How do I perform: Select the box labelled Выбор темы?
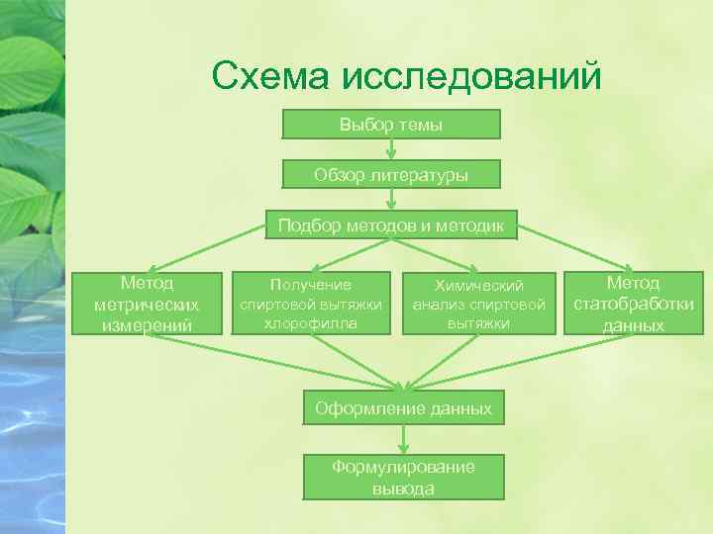click(391, 125)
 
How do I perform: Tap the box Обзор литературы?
click(391, 175)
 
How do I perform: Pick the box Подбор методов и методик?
click(391, 226)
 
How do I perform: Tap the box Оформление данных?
click(402, 407)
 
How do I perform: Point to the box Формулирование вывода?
click(403, 477)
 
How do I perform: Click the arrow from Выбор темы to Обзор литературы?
click(392, 149)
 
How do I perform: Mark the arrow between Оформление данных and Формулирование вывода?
click(403, 439)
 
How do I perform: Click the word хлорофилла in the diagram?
click(311, 322)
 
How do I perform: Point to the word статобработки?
click(634, 304)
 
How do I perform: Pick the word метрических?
click(147, 305)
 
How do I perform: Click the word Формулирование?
click(403, 467)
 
